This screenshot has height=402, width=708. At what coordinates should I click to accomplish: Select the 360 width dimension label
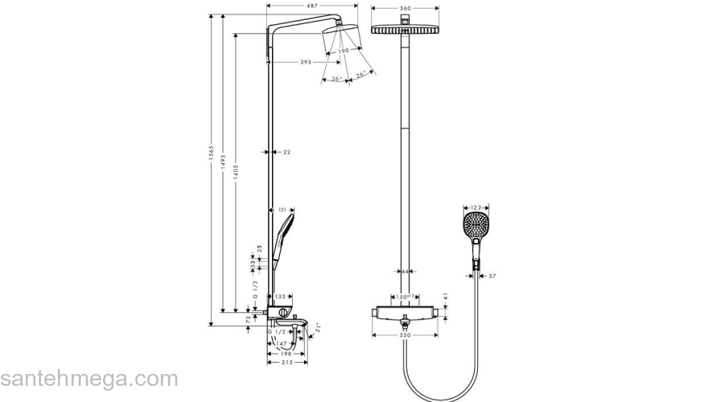coord(405,8)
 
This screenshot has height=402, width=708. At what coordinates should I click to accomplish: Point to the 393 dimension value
coord(305,62)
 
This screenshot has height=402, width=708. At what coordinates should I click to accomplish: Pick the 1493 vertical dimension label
coord(224,170)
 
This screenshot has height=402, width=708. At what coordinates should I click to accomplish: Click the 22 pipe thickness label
coord(286,151)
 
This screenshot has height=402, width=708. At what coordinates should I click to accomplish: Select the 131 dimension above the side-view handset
coord(282,210)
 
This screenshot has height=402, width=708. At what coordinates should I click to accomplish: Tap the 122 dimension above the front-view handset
coord(475,207)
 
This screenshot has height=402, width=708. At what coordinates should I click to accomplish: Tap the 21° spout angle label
coord(317,327)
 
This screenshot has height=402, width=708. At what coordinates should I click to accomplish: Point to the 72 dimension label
coord(247,321)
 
